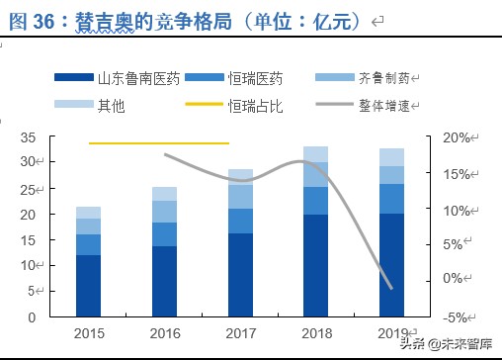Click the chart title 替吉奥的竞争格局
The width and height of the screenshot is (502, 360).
pyautogui.click(x=198, y=20)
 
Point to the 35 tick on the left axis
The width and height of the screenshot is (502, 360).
pyautogui.click(x=30, y=136)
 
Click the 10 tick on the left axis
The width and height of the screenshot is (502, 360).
pyautogui.click(x=30, y=266)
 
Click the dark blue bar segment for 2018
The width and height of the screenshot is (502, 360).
pyautogui.click(x=315, y=265)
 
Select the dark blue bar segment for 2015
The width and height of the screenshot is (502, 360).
pyautogui.click(x=89, y=286)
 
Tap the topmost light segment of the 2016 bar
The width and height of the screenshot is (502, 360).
pyautogui.click(x=164, y=193)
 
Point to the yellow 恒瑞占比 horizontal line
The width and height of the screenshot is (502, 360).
pyautogui.click(x=158, y=143)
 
